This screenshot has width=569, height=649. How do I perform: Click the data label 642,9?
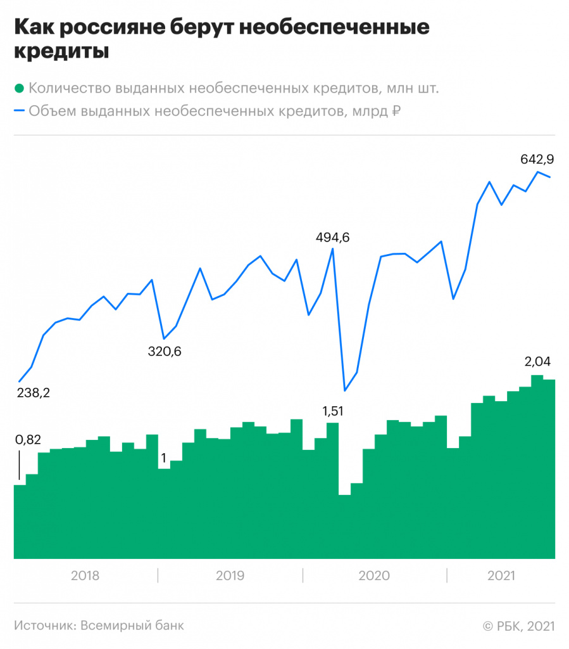pyautogui.click(x=537, y=159)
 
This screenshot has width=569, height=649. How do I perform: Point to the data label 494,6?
pyautogui.click(x=333, y=238)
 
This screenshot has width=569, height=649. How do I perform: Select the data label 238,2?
pyautogui.click(x=33, y=393)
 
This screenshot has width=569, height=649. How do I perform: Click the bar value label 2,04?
pyautogui.click(x=538, y=362)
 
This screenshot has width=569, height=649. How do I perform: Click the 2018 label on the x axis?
pyautogui.click(x=85, y=576)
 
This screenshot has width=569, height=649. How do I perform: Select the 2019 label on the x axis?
pyautogui.click(x=230, y=576)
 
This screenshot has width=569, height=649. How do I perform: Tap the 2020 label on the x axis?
pyautogui.click(x=374, y=576)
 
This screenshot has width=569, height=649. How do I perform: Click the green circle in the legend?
pyautogui.click(x=19, y=88)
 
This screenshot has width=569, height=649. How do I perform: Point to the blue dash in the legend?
pyautogui.click(x=19, y=112)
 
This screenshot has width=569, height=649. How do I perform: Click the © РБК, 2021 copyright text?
pyautogui.click(x=519, y=626)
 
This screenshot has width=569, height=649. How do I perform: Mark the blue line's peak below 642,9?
pyautogui.click(x=537, y=172)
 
